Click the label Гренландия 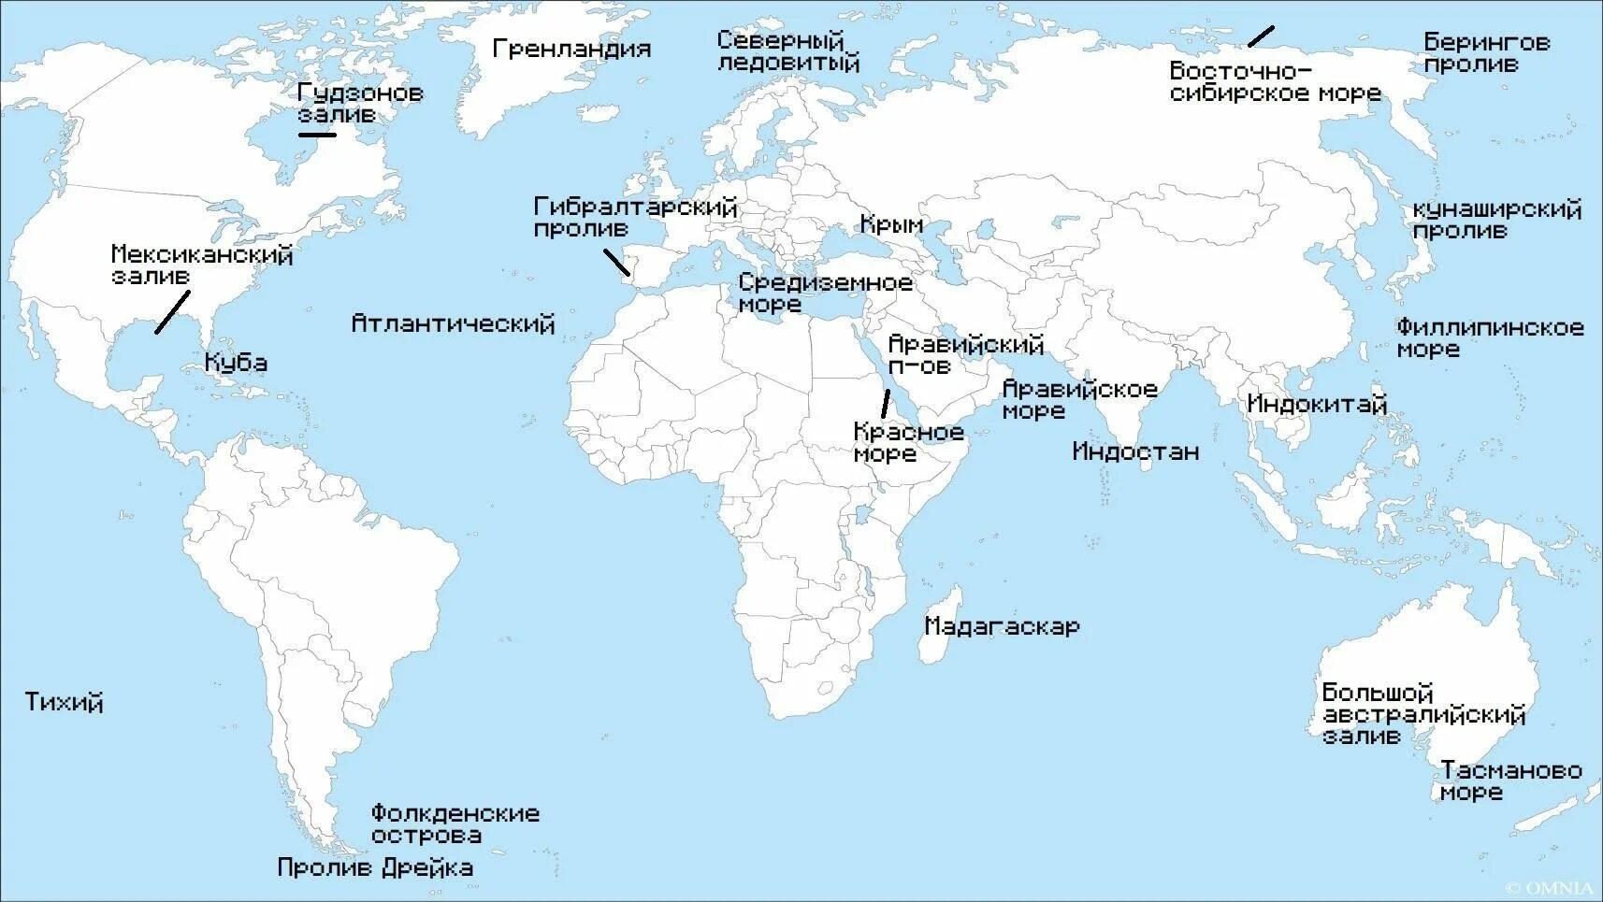coord(571,49)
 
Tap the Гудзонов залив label coord(360,103)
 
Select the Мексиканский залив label coord(201,265)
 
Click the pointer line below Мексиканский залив coord(172,312)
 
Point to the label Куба coord(236,363)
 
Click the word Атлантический coord(453,324)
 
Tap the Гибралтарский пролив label coord(635,218)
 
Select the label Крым coord(891,224)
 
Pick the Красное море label coord(908,443)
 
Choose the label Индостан coord(1135,451)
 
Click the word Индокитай coord(1316,405)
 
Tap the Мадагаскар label coord(1002,626)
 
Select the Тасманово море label coord(1510,781)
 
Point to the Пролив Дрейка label coord(375,867)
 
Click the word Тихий coord(64,702)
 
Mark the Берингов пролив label coord(1486,53)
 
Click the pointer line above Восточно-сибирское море coord(1261,36)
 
